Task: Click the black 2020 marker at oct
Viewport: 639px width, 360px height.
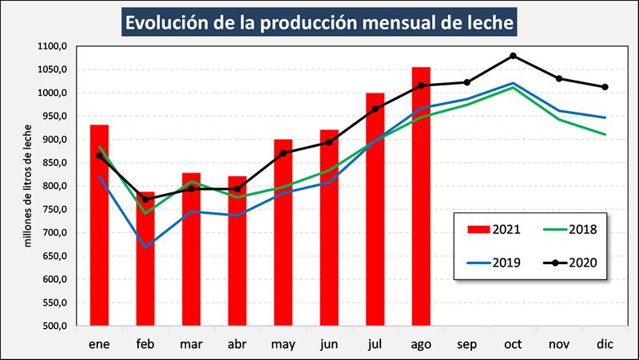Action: (513, 56)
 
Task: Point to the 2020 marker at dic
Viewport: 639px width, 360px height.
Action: (605, 87)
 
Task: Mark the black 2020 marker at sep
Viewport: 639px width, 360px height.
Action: (467, 82)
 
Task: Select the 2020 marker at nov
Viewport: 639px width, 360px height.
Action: (559, 78)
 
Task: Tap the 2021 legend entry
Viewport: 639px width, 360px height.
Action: (489, 230)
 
